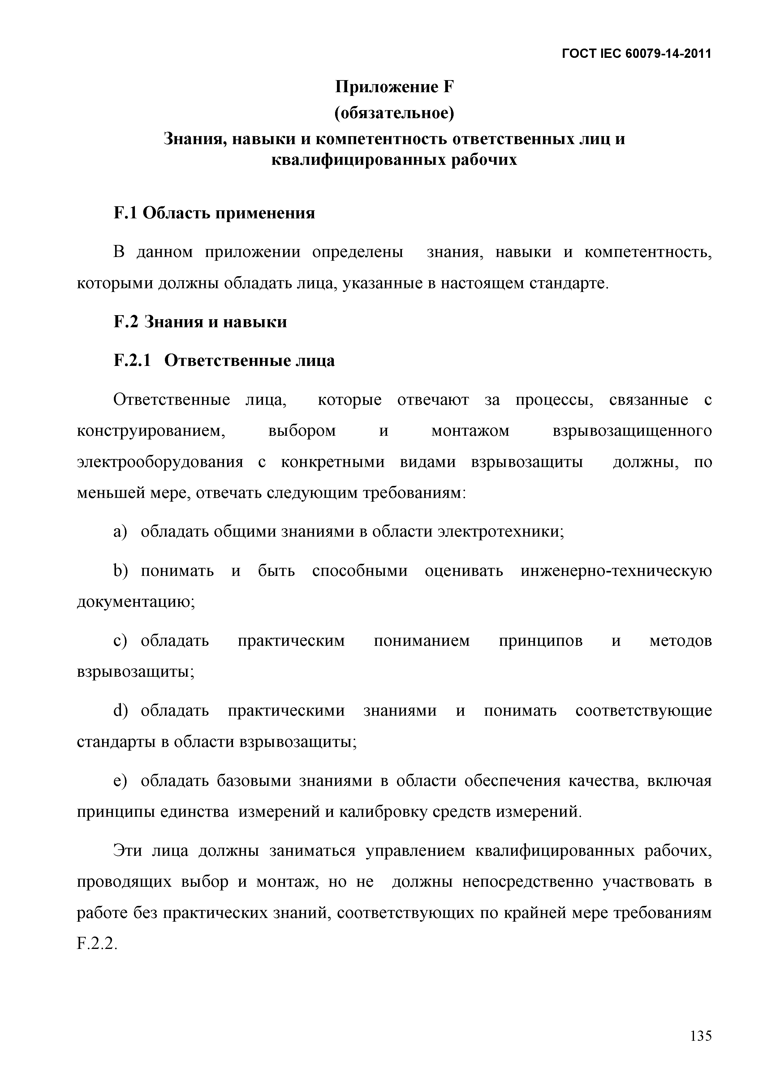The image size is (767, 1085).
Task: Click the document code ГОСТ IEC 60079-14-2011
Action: point(636,54)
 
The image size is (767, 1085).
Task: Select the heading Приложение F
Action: point(394,87)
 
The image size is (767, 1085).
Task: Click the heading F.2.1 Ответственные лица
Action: point(224,361)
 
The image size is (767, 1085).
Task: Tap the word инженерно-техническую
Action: point(616,571)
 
